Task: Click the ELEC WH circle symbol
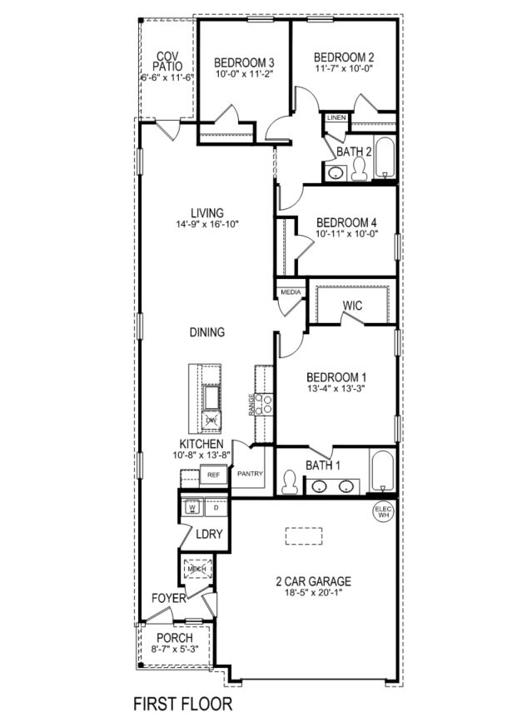point(383,511)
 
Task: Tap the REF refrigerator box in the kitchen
point(212,475)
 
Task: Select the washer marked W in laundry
point(191,506)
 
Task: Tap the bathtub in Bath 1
point(381,472)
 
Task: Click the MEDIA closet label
point(291,292)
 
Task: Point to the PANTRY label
point(250,474)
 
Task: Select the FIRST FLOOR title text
point(182,704)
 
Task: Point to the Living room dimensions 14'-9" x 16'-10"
point(206,224)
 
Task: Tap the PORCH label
point(175,638)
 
